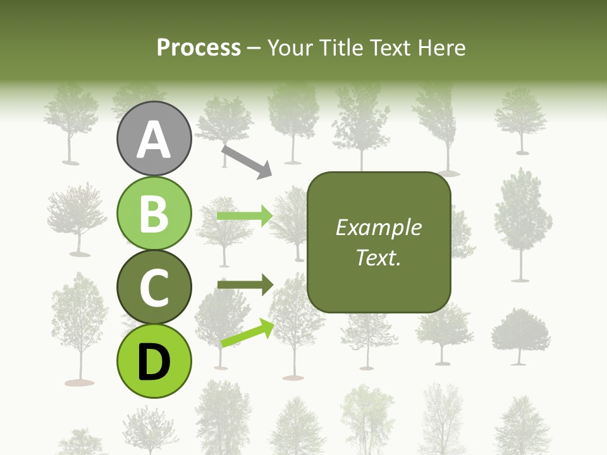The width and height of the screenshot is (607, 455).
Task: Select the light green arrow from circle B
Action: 245,216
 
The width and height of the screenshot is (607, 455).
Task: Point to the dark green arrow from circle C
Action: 245,286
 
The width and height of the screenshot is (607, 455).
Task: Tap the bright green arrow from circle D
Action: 247,334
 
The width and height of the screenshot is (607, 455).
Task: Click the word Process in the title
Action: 199,48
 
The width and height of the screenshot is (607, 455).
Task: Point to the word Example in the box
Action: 379,227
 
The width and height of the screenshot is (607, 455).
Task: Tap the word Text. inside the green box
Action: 379,257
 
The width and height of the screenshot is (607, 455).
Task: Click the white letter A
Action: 154,140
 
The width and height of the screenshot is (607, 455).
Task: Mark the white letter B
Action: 154,214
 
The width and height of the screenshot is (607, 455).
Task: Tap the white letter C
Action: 154,288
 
